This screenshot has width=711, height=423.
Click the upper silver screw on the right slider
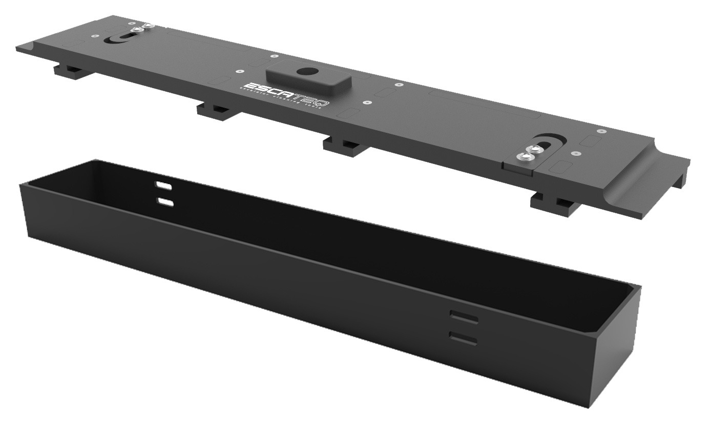(x=536, y=149)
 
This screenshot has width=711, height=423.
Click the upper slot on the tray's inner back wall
(x=165, y=185)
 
